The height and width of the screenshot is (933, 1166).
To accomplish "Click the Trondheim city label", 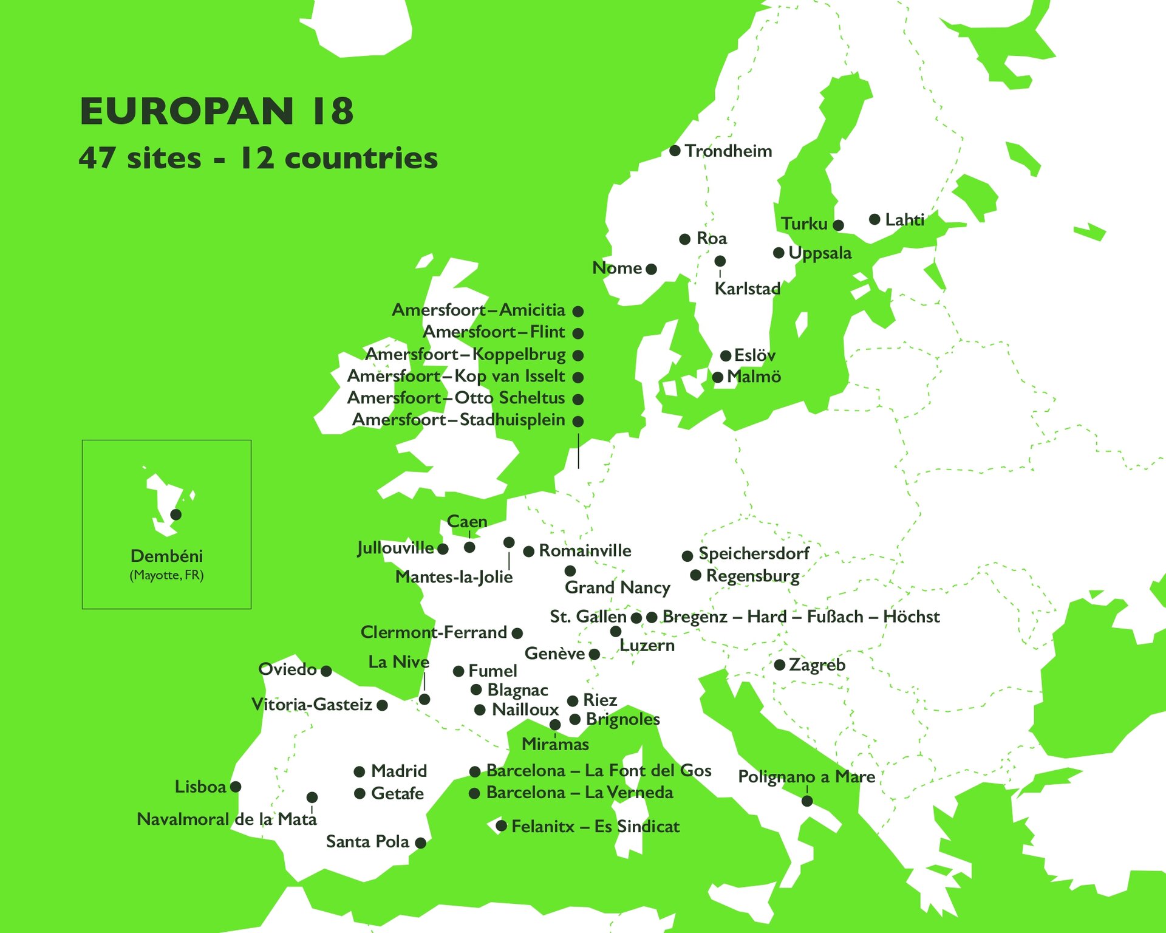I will pyautogui.click(x=728, y=151).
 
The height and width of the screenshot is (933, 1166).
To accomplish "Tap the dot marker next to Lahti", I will pyautogui.click(x=874, y=219).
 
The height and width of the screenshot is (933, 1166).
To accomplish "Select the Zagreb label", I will pyautogui.click(x=817, y=665).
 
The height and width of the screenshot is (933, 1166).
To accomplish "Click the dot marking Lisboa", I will pyautogui.click(x=236, y=787).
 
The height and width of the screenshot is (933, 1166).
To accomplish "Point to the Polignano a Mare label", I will pyautogui.click(x=806, y=776).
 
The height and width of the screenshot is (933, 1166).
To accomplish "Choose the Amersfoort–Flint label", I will pyautogui.click(x=494, y=332).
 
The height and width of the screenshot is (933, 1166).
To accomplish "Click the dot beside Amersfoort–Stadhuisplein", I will pyautogui.click(x=578, y=421).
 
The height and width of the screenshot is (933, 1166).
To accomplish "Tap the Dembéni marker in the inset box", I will pyautogui.click(x=176, y=514).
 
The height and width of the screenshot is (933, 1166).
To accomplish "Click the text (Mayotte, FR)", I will pyautogui.click(x=166, y=575).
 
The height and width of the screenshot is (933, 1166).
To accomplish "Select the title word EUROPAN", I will pyautogui.click(x=187, y=111).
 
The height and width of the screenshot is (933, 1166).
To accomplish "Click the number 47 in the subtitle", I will pyautogui.click(x=97, y=158).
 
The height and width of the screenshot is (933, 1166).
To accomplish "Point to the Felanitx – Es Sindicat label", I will pyautogui.click(x=595, y=826).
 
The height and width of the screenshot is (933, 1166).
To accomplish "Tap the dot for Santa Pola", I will pyautogui.click(x=420, y=842).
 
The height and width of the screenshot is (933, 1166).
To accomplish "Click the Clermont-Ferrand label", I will pyautogui.click(x=434, y=632).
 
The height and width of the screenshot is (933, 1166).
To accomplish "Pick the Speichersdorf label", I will pyautogui.click(x=754, y=553).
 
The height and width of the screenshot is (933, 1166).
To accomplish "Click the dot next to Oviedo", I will pyautogui.click(x=326, y=671).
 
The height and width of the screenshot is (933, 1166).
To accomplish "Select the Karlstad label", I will pyautogui.click(x=747, y=289).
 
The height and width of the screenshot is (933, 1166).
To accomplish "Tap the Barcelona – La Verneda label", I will pyautogui.click(x=579, y=792).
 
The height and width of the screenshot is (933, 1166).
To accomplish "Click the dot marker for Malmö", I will pyautogui.click(x=717, y=377).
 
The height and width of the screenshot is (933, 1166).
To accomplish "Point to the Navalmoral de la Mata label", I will pyautogui.click(x=227, y=819).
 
